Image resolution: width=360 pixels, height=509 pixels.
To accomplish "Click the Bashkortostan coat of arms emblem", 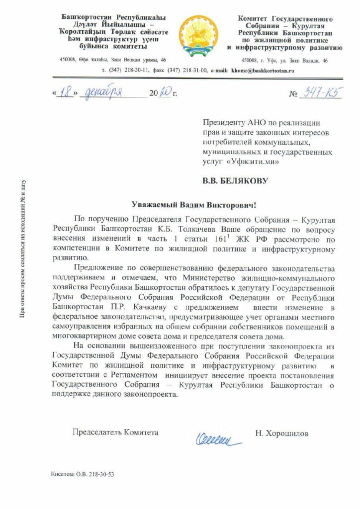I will coord(195,33).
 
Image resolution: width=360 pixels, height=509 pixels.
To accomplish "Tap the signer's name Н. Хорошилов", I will coord(281,433).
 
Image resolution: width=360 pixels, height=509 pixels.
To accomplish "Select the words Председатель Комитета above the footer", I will coord(115,433).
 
